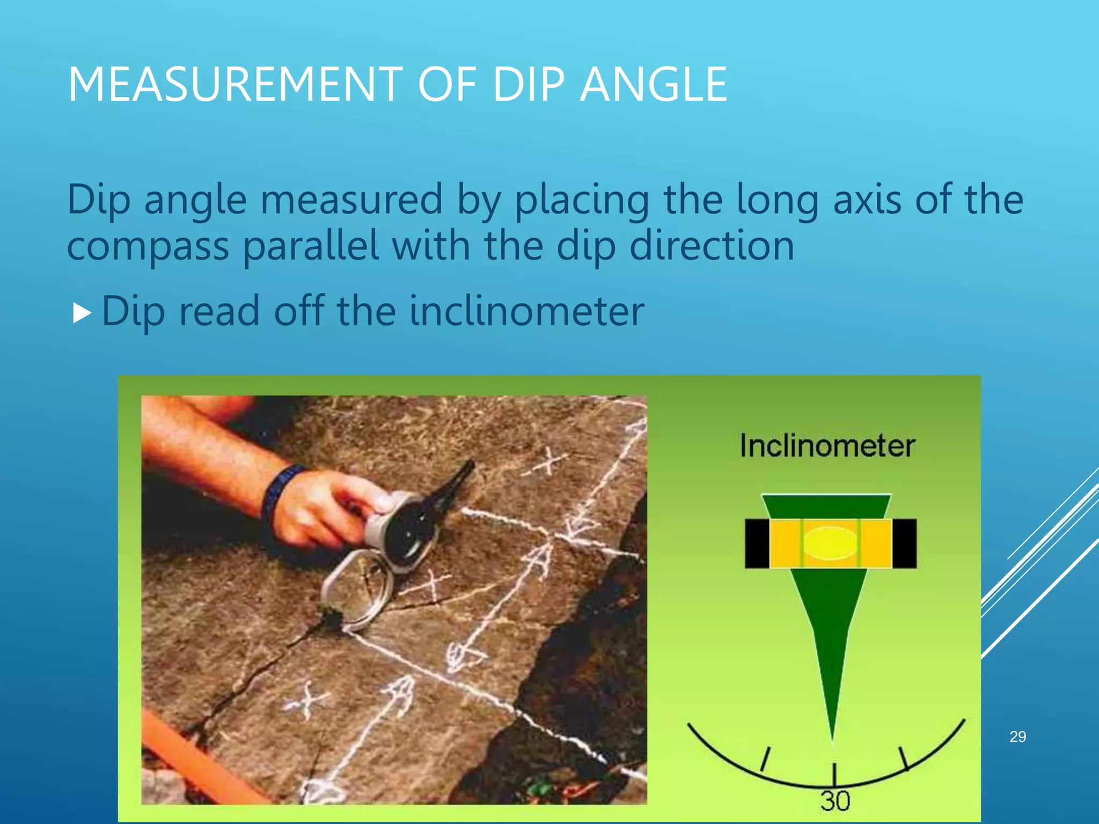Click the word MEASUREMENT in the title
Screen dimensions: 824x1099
click(x=235, y=84)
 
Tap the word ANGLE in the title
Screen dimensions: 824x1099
click(x=654, y=84)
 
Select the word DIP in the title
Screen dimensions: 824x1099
click(x=529, y=84)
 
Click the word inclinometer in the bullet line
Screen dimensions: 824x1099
click(x=526, y=311)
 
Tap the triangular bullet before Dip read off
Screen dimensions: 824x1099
click(x=82, y=313)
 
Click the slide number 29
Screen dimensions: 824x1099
click(x=1017, y=737)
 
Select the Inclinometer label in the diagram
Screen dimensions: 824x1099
click(x=827, y=446)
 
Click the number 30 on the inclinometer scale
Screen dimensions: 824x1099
click(x=835, y=801)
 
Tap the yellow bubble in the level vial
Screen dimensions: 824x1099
click(x=831, y=543)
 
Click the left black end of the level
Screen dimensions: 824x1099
click(x=757, y=543)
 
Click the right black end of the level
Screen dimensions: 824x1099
click(x=904, y=543)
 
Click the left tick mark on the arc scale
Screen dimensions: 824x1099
click(x=766, y=760)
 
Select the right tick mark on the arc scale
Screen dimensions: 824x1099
click(x=904, y=757)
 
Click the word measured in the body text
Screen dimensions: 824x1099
click(x=351, y=200)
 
